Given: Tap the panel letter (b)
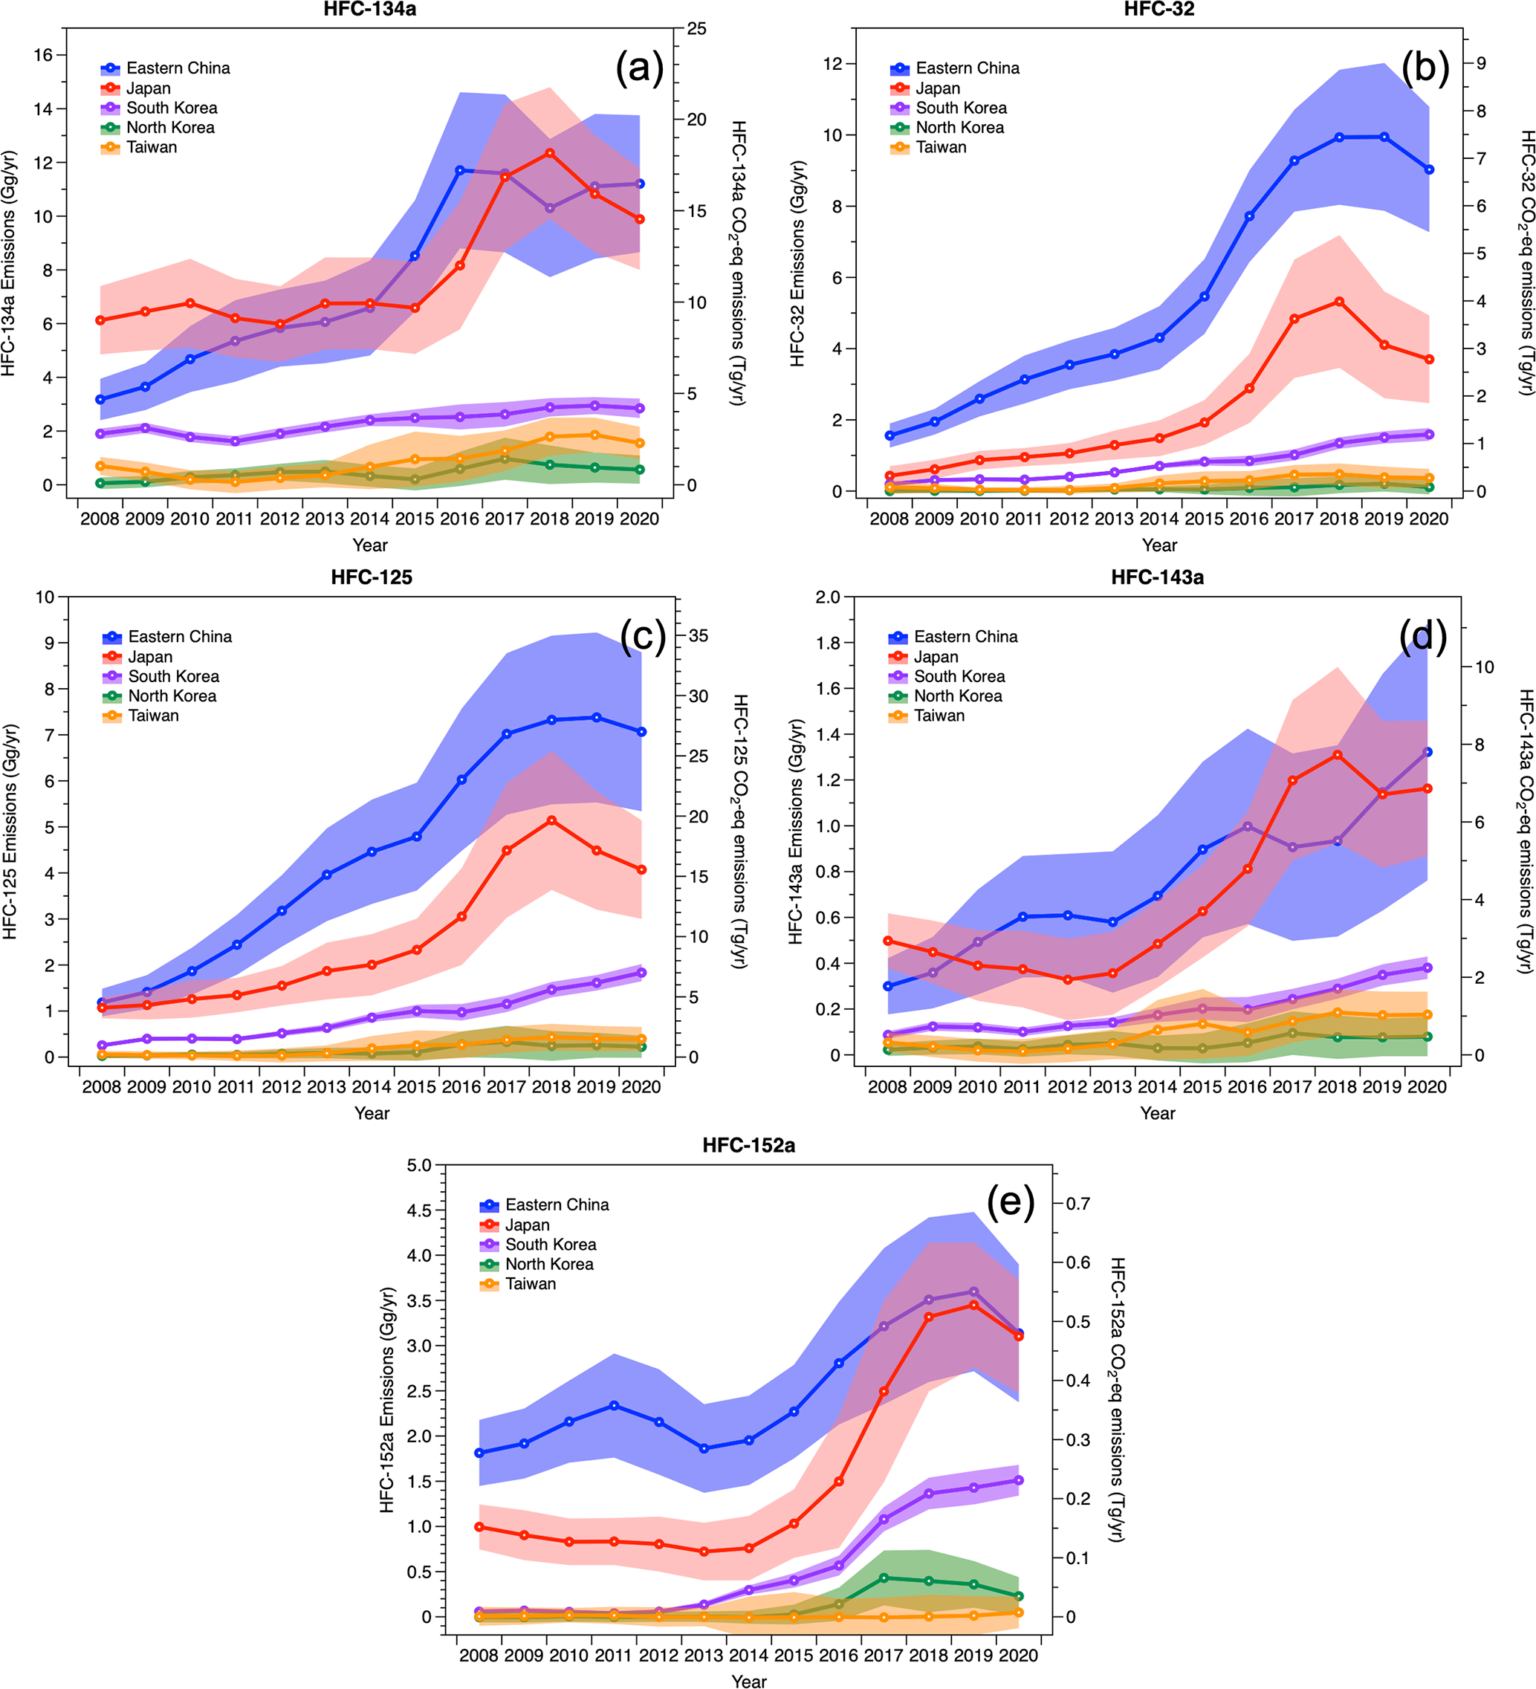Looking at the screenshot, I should pos(1425,67).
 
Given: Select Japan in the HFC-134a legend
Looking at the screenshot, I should pos(149,88).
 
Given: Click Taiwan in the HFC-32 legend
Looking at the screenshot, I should pos(940,147).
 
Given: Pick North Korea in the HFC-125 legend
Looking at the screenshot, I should pos(172,696).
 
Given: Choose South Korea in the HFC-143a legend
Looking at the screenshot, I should pos(959,676).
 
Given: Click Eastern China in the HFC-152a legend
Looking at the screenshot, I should pos(557,1205).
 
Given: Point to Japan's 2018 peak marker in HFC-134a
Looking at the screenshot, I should pos(550,153).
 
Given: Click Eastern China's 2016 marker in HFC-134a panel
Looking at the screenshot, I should pos(460,170).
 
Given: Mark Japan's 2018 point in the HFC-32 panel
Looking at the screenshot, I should pos(1339,302).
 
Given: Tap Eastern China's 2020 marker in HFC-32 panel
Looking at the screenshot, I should pos(1430,169).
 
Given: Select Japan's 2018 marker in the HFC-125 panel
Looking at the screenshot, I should pos(551,820).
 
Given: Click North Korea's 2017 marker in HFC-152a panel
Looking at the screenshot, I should pos(884,1578).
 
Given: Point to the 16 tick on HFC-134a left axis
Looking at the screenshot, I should pos(43,55).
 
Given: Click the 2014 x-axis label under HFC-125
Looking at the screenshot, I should pos(372,1086).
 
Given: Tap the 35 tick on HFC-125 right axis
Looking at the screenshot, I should pos(698,636).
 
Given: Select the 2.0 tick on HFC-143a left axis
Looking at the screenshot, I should pos(828,597).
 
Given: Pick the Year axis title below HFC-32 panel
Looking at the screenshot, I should pos(1159,545).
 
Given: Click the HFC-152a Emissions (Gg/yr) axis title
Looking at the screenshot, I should pos(387,1399).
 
